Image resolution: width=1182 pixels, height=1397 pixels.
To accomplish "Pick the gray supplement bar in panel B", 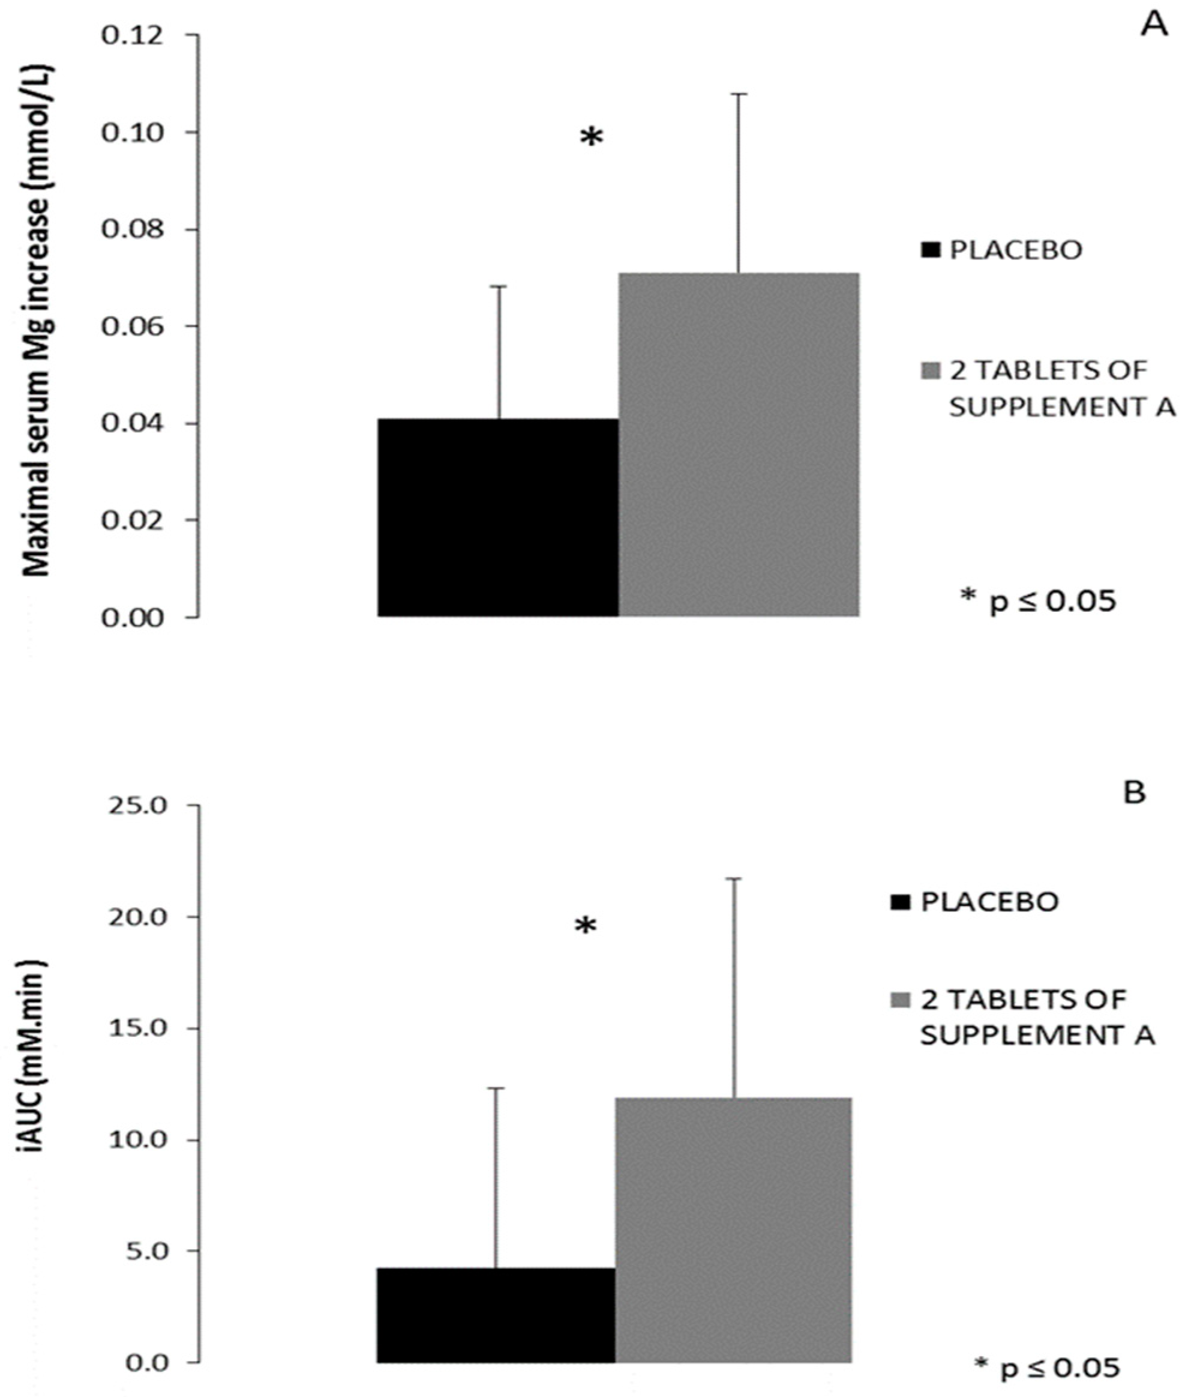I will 733,1196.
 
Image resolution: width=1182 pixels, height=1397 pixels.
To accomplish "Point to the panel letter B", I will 1135,793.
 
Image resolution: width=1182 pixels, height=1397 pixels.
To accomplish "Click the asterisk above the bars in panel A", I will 591,139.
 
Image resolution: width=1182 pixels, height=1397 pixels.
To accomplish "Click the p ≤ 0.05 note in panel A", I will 1039,600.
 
